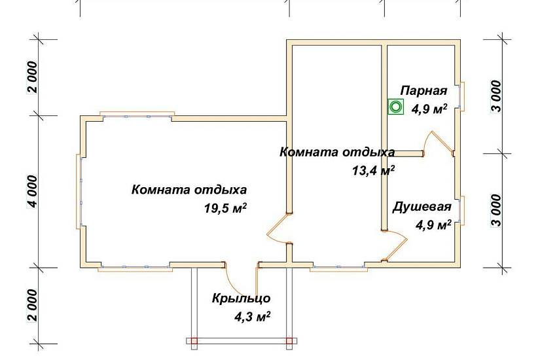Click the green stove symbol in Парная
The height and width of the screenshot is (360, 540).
point(395,106)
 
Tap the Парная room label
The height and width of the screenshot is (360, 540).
point(424,91)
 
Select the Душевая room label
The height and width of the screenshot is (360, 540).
point(422,207)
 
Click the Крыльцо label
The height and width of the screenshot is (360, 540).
point(241,298)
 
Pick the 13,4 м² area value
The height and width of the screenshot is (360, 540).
point(374,171)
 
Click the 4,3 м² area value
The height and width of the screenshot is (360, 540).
point(253,317)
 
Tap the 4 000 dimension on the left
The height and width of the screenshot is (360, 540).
point(32,190)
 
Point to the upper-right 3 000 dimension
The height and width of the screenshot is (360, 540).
point(497,96)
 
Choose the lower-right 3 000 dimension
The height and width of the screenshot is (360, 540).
point(497,209)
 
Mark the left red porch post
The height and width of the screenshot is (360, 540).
point(194,340)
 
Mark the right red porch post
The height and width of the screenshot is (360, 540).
point(289,340)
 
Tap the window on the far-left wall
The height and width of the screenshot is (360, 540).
point(80,190)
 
